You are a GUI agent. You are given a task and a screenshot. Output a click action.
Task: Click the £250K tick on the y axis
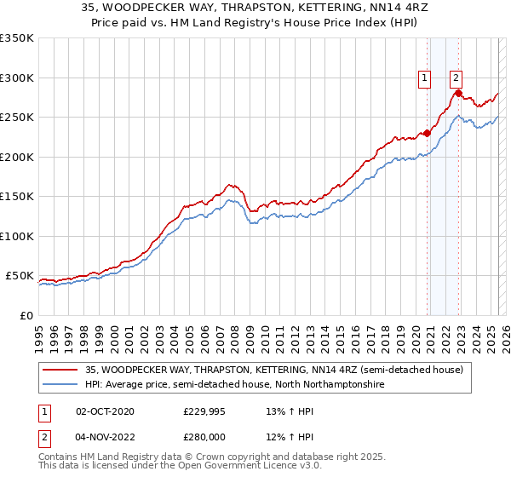[x=17, y=118]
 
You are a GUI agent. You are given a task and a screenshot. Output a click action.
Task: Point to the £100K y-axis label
[x=17, y=237]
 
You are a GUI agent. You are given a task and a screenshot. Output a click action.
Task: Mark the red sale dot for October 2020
[x=428, y=133]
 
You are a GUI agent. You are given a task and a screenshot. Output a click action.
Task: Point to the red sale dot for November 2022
[x=459, y=94]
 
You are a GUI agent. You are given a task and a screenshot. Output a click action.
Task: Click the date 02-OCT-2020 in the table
[x=105, y=411]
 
